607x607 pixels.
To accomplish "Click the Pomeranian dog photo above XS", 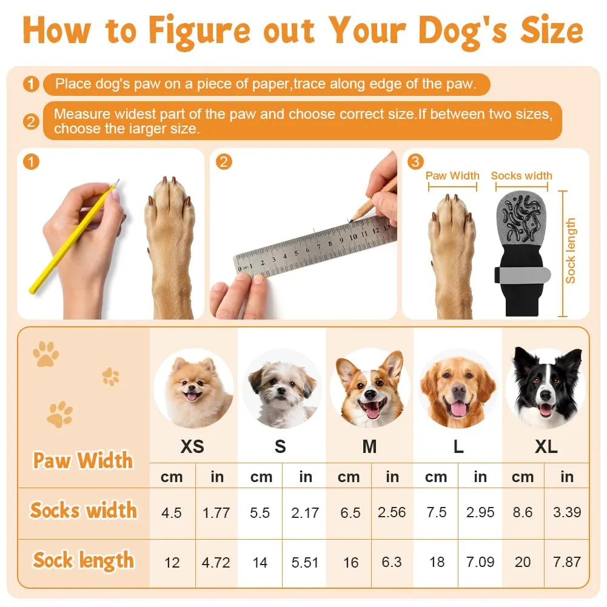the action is (193, 388).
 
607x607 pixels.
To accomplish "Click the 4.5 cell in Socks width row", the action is (172, 513).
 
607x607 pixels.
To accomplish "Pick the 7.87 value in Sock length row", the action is (567, 562).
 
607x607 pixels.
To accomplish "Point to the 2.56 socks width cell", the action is (392, 512).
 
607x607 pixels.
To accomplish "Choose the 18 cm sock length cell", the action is (437, 562).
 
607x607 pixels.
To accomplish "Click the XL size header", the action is (546, 447).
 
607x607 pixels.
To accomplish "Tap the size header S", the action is (280, 447).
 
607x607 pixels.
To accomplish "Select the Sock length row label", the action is (84, 560).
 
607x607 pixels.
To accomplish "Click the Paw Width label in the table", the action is (83, 461).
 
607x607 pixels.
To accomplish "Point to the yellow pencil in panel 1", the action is (73, 238).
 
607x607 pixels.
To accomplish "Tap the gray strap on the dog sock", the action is (523, 274).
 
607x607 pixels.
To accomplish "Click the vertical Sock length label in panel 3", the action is (570, 250).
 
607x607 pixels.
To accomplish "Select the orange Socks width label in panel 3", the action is (521, 176).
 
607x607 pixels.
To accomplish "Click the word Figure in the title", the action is (200, 32).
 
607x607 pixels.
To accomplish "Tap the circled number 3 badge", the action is (415, 162).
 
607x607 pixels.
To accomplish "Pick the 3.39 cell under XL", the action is (567, 512).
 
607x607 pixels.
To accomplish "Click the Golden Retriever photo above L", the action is (458, 388).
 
